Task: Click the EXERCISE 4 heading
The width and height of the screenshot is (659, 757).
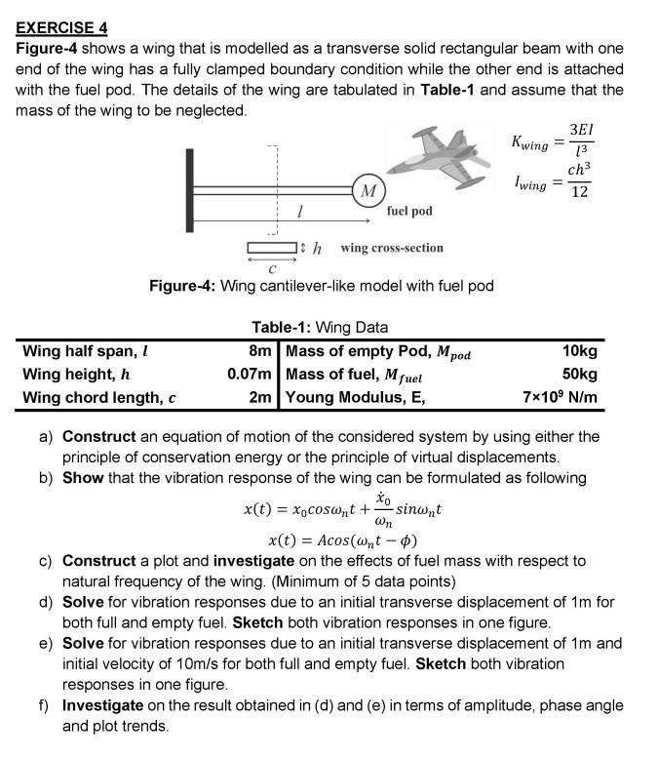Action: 61,26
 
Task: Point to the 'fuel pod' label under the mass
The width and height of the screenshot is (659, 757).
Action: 409,211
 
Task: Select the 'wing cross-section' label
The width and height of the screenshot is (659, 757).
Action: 391,248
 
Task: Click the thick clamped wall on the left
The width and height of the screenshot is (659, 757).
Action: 192,188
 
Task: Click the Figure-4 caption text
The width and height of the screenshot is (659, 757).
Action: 321,286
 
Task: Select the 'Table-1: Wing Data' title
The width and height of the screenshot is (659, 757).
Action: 320,328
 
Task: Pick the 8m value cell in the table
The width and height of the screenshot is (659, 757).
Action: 260,351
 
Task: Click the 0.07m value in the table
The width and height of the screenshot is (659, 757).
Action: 249,375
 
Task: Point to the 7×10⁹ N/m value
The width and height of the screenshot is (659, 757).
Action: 561,398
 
